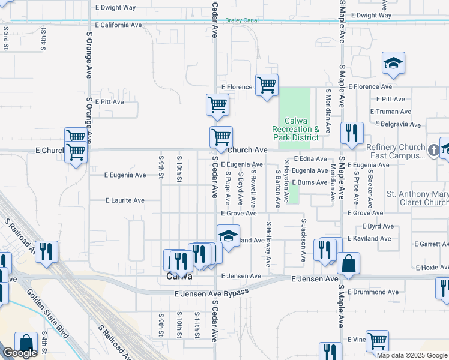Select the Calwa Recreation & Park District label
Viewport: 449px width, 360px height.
tap(295, 129)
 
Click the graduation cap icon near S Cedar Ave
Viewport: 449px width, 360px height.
tap(228, 236)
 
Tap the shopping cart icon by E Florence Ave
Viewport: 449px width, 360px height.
tap(267, 84)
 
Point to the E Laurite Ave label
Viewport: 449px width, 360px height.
tap(125, 200)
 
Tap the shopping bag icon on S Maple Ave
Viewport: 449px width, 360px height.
tap(348, 264)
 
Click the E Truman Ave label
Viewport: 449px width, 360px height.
tap(391, 112)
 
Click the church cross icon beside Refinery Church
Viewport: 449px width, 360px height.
tap(433, 149)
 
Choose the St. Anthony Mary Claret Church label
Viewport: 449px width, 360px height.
tap(417, 198)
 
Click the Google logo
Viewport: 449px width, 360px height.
tap(19, 353)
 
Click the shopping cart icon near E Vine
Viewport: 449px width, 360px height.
tap(377, 341)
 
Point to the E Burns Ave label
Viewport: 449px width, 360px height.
tap(309, 182)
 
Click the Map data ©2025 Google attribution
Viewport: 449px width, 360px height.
tap(411, 355)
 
